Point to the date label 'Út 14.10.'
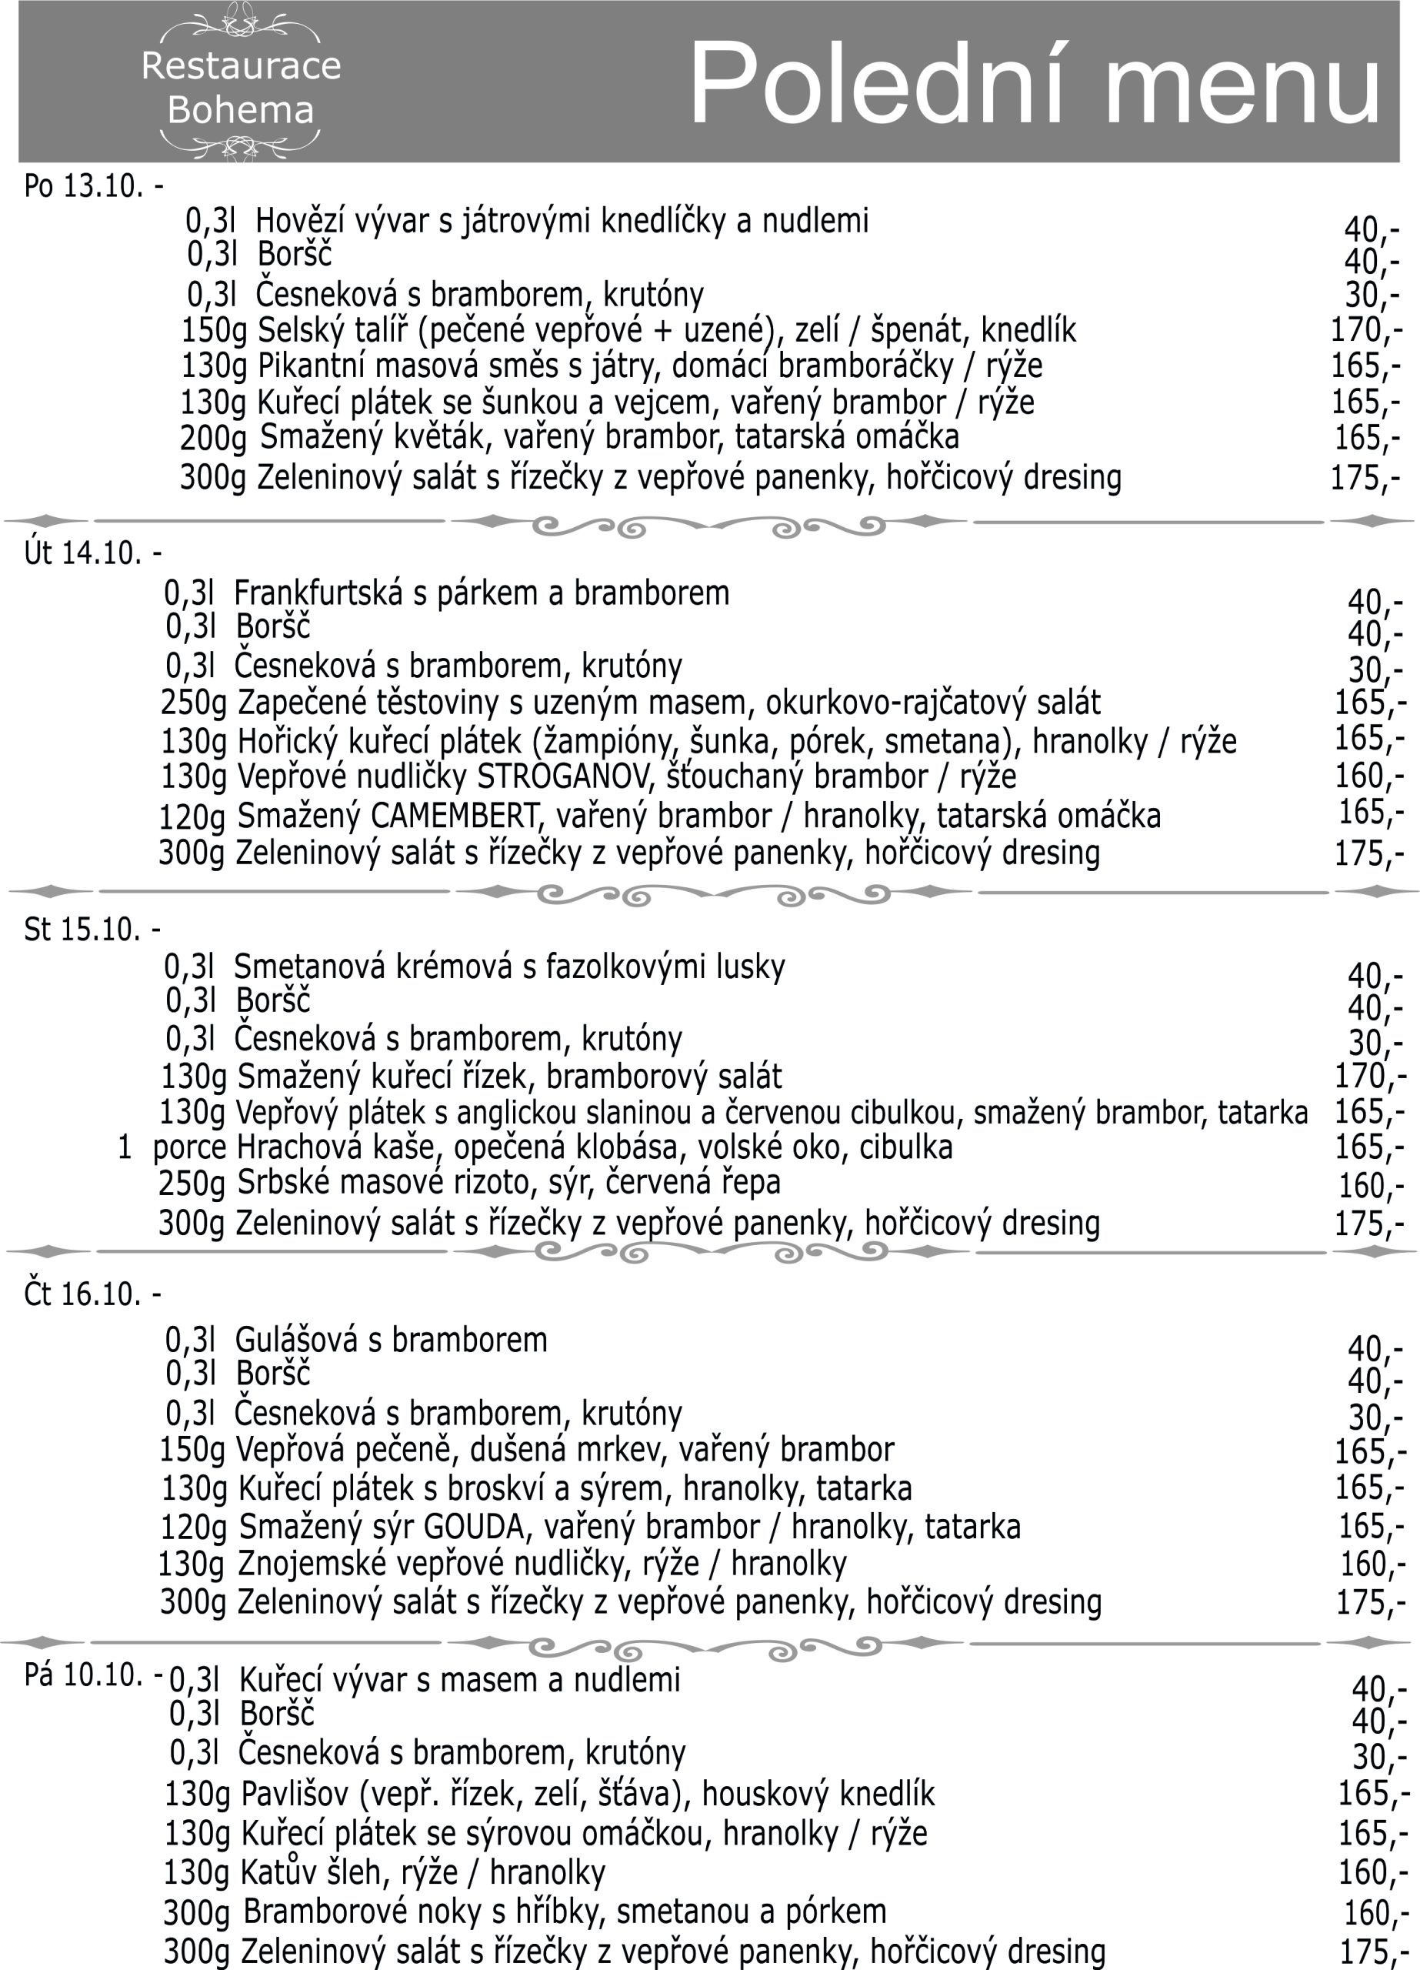82,553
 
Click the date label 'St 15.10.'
82,930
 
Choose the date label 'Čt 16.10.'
82,1294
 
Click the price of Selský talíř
1365,330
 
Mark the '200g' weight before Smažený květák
213,439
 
